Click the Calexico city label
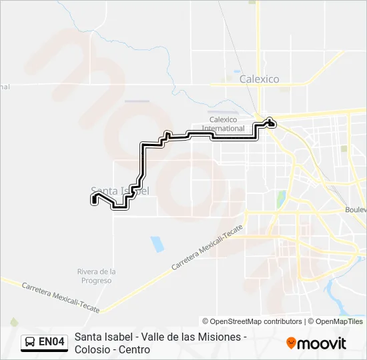click(x=259, y=79)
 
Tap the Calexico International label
click(x=224, y=123)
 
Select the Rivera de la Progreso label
click(x=97, y=276)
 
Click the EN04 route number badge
click(x=51, y=343)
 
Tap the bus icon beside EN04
click(x=30, y=343)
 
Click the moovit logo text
click(x=322, y=343)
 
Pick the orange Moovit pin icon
click(x=291, y=343)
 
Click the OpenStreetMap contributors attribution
click(x=252, y=321)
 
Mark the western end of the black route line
click(x=94, y=198)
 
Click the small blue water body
click(x=157, y=244)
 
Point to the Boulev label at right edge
click(x=356, y=209)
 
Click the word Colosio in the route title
click(x=93, y=349)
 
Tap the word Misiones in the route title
click(x=221, y=337)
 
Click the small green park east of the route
click(x=281, y=199)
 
